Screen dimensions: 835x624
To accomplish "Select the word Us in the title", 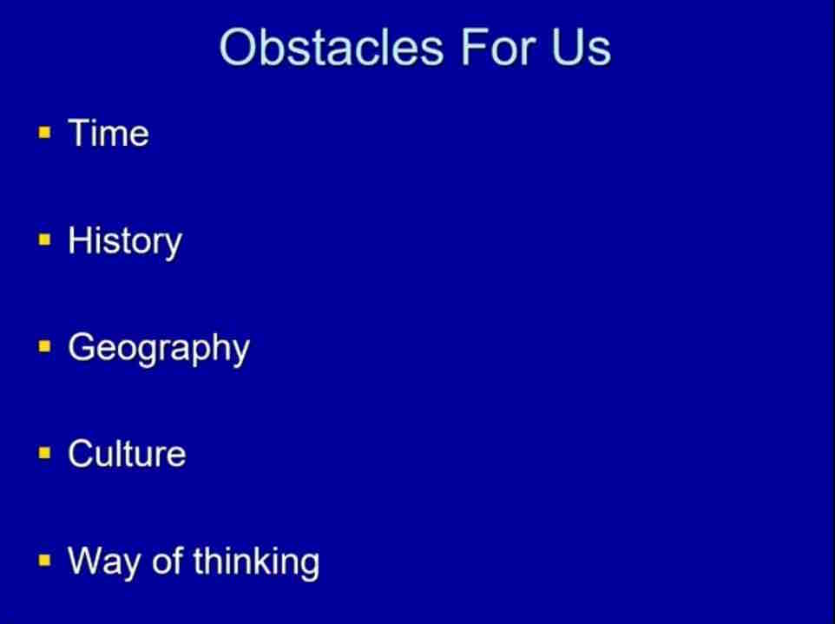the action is point(582,48).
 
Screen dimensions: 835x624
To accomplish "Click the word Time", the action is point(108,133).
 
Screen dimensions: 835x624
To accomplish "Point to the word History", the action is point(125,242).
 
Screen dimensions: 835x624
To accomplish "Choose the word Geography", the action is point(159,349).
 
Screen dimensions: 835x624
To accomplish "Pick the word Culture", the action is point(127,454).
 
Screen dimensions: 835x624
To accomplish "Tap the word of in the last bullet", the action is point(168,561).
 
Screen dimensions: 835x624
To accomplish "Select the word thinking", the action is point(255,562).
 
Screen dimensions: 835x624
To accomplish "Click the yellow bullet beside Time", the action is point(45,132).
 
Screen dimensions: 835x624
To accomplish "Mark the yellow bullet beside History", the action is point(45,240).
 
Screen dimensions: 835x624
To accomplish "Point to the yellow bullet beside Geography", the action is point(45,346).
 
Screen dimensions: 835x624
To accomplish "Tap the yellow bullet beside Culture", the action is point(45,454).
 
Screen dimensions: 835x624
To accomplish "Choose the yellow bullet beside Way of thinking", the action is point(45,561).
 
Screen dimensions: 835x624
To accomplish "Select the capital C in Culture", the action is point(81,454).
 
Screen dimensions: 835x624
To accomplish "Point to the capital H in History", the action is point(79,240).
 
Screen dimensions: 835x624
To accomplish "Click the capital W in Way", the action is point(88,561).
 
